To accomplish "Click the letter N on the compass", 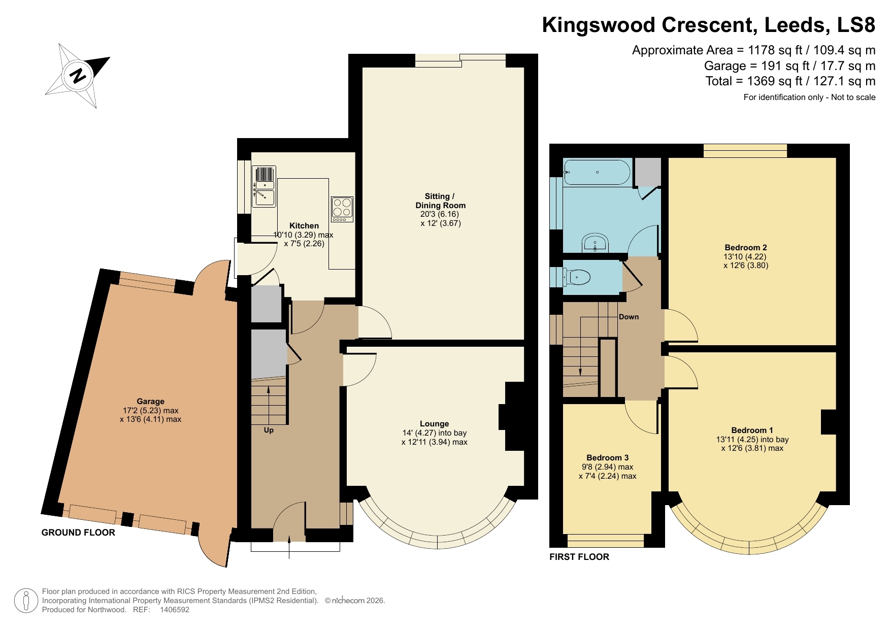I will [x=78, y=76].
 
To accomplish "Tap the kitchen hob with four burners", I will [x=342, y=209].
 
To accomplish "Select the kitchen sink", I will [x=264, y=186].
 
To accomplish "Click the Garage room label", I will [x=150, y=401].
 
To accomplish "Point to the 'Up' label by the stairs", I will [x=269, y=430].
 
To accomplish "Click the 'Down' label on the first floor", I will [x=629, y=317].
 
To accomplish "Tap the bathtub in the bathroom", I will [x=597, y=173].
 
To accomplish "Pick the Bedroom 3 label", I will [x=607, y=457].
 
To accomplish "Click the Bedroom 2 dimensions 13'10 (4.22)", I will [x=745, y=256].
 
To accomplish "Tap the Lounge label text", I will [x=434, y=423].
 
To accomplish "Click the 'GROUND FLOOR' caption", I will [x=78, y=533].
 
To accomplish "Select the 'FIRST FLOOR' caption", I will [x=579, y=557].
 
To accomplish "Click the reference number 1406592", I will [x=175, y=610].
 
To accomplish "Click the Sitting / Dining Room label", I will [x=440, y=201].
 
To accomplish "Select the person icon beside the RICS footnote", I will [x=26, y=601].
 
